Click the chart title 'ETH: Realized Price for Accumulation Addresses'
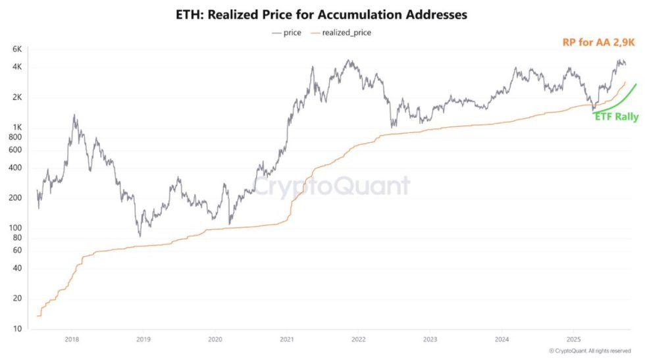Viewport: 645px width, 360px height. [322, 14]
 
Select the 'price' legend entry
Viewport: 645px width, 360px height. [287, 32]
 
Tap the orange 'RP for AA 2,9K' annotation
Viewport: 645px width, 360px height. [599, 42]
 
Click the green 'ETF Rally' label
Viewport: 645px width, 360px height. [616, 116]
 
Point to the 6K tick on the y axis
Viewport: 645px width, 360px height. [18, 49]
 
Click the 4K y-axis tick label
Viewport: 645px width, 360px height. [18, 67]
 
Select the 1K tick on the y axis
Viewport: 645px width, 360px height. [18, 127]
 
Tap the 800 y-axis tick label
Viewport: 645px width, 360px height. [16, 137]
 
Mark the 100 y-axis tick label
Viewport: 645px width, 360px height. [16, 228]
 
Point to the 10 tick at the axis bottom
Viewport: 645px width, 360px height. [18, 328]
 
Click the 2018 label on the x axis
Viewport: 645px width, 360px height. [72, 340]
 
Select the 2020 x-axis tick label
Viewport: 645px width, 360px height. [215, 340]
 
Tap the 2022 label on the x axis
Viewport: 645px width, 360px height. [358, 340]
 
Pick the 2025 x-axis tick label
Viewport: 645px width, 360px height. [573, 340]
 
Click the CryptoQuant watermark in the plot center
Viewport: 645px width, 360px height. [332, 187]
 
